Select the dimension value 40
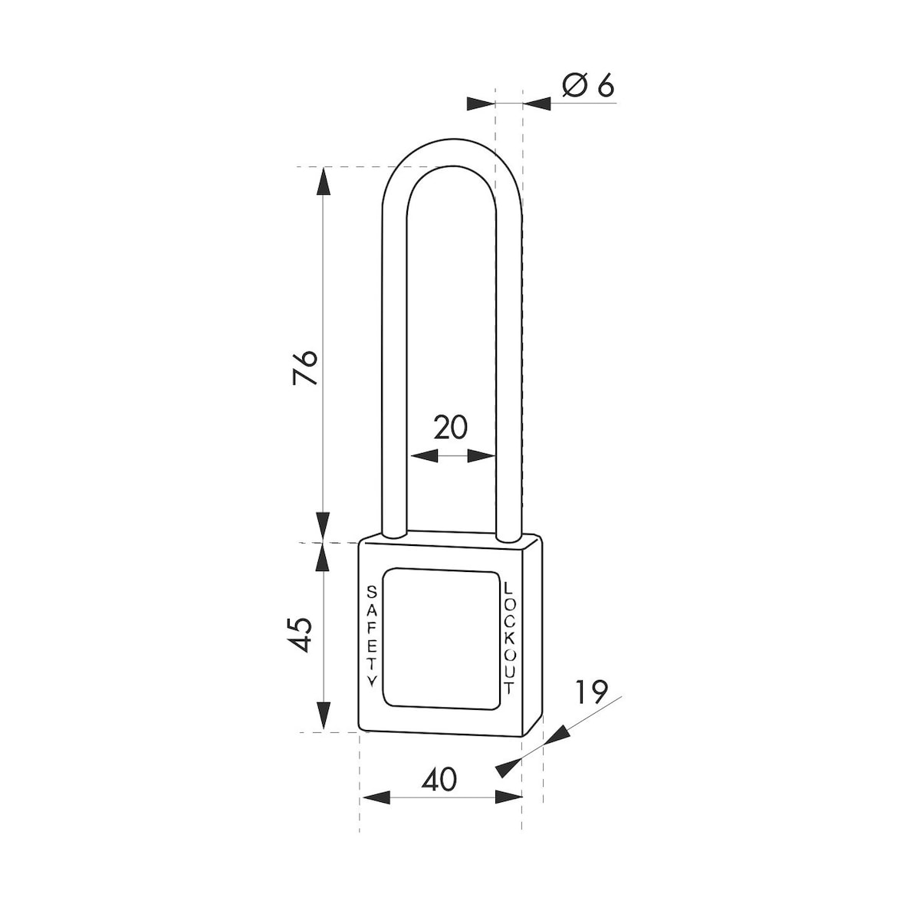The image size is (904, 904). point(439,779)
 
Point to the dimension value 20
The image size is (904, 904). point(450,427)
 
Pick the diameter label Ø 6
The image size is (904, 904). point(588,86)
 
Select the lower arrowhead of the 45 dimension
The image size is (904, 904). point(324,717)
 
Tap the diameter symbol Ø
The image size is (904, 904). point(573,86)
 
